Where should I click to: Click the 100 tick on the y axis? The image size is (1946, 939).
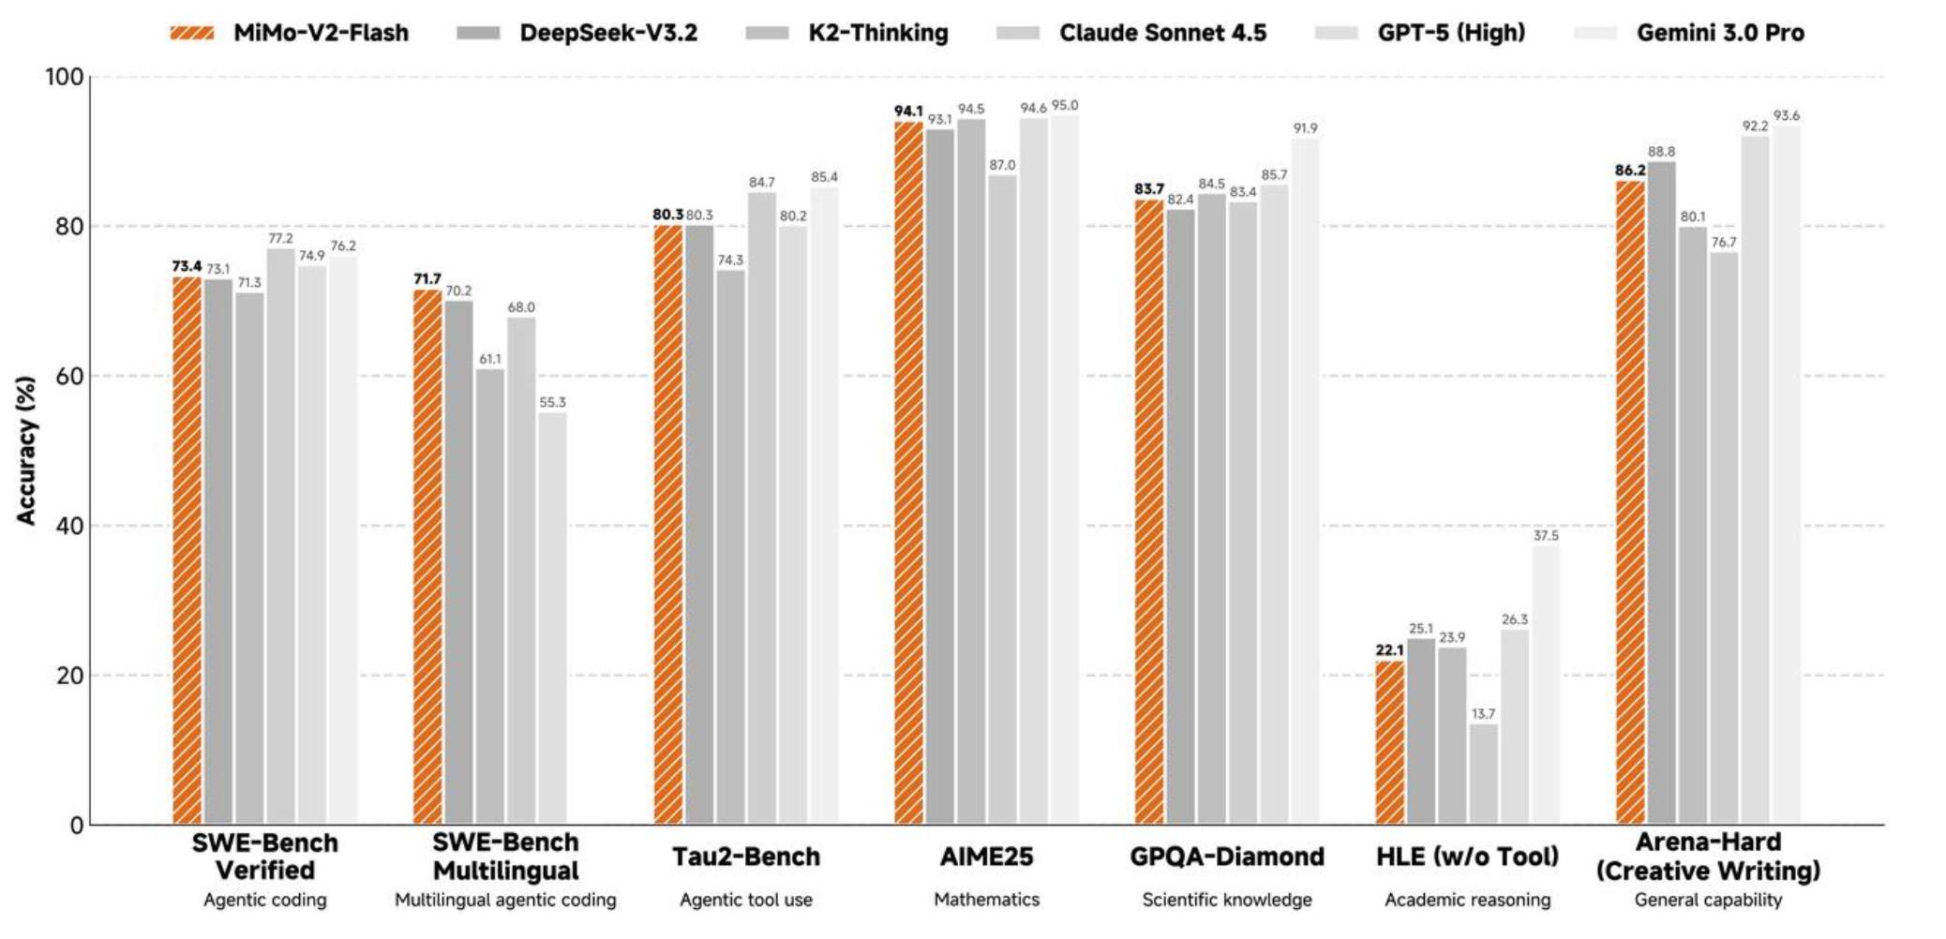point(64,77)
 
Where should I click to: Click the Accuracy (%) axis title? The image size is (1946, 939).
point(25,450)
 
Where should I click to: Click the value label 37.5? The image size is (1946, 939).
point(1546,536)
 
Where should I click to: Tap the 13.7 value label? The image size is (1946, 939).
point(1483,714)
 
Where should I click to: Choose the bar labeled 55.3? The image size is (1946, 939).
point(552,619)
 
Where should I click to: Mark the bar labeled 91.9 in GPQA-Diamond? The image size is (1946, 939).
point(1305,482)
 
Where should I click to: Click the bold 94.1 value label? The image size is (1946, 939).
point(907,112)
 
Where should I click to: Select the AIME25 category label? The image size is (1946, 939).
point(986,857)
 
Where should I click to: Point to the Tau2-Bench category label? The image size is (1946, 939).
point(746,857)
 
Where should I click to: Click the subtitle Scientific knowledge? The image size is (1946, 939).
point(1226,900)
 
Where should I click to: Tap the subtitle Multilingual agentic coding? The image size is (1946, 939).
point(505,900)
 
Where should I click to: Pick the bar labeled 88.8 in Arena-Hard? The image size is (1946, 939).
point(1661,493)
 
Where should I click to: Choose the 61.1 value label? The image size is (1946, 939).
point(489,359)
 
